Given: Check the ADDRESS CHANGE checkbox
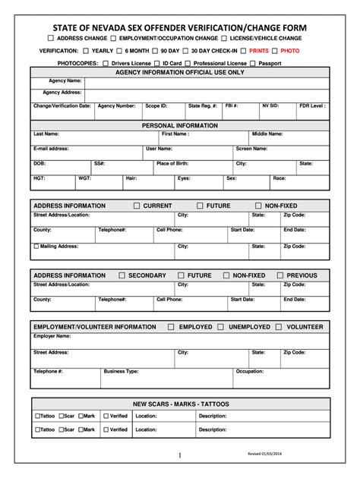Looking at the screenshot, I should click(x=51, y=37).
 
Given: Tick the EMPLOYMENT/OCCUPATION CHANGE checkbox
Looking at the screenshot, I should click(x=112, y=37).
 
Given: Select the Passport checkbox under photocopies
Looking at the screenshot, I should click(x=253, y=63).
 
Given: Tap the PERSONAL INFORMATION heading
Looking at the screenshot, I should click(x=180, y=124).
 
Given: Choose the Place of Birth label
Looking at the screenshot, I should click(x=174, y=163).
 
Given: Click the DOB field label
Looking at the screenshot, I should click(x=39, y=163).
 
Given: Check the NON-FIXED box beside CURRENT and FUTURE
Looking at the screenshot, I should click(x=258, y=206).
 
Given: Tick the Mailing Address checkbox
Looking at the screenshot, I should click(x=36, y=246).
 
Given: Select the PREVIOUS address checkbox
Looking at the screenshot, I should click(x=280, y=275).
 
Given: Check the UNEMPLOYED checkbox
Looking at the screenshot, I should click(x=222, y=327).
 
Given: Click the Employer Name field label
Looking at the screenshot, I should click(x=52, y=335).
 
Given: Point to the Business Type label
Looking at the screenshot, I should click(x=121, y=371).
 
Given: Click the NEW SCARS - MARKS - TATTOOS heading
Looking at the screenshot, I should click(x=180, y=404).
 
